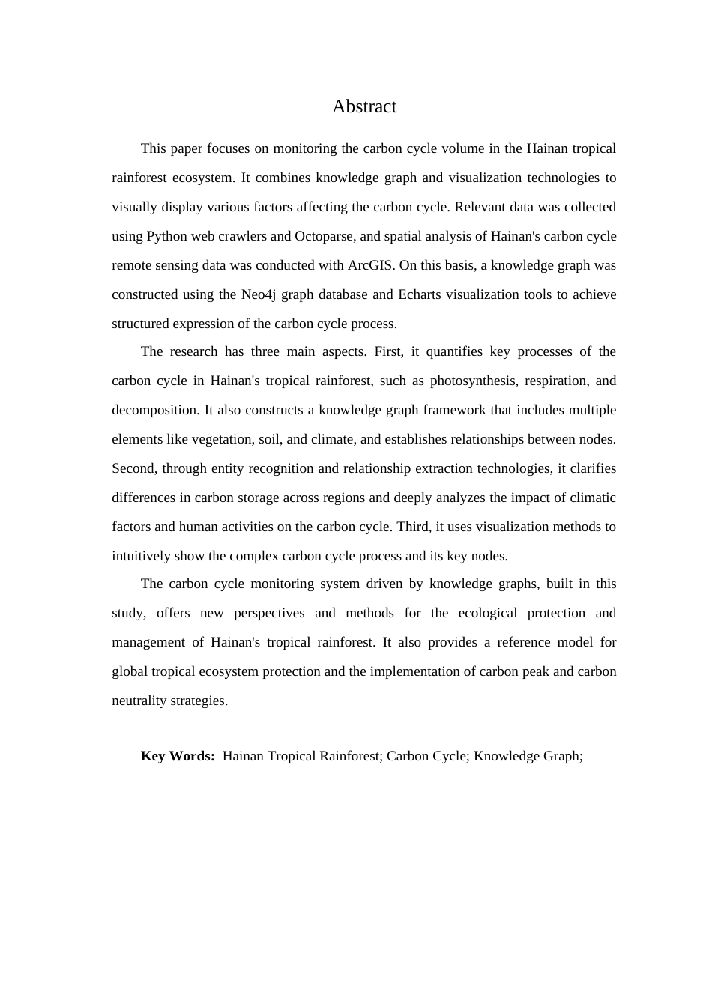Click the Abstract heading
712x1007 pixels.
click(364, 106)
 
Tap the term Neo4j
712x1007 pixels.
click(259, 294)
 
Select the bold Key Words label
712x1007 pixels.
click(178, 756)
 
